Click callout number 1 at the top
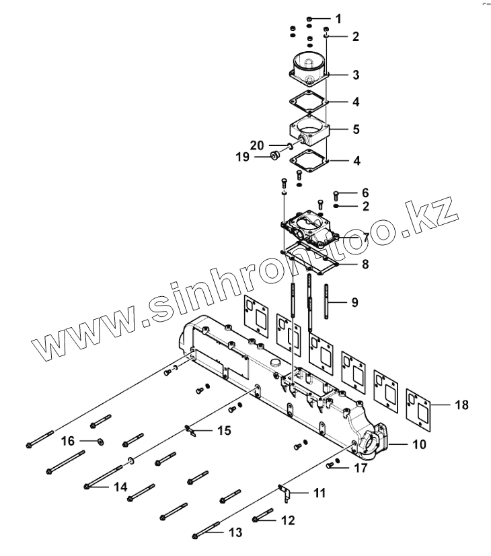[x=338, y=18]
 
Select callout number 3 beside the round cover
[x=356, y=73]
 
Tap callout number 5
[x=356, y=127]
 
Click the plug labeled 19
[x=274, y=157]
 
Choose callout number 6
[x=366, y=193]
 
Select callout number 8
[x=365, y=264]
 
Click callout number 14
[x=100, y=442]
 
